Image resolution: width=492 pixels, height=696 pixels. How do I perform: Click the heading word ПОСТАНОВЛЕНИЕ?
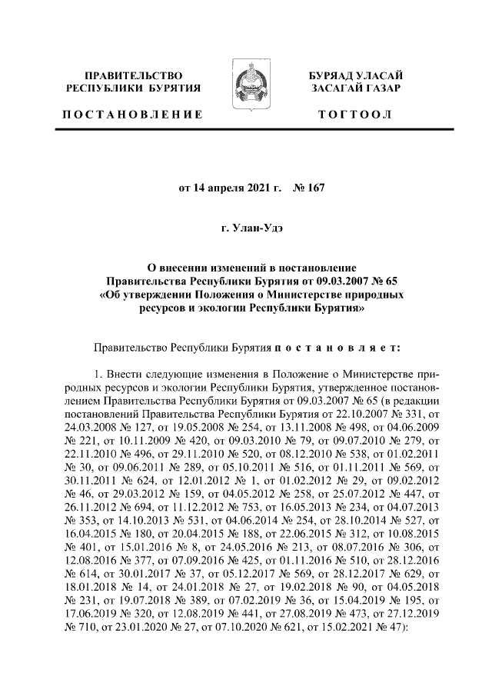click(x=132, y=115)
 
